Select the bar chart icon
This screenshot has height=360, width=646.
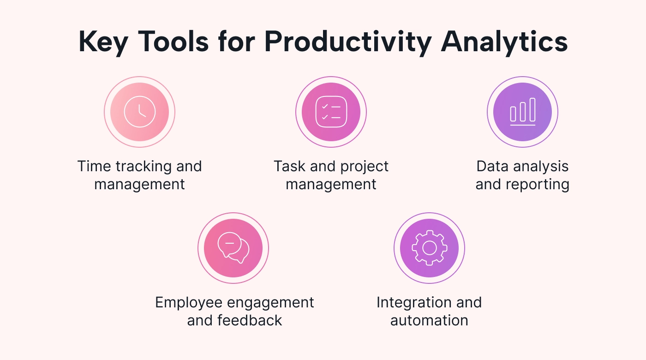(522, 112)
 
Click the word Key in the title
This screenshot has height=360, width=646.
(103, 42)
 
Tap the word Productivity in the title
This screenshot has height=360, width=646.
(348, 42)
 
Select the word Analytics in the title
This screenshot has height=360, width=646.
(504, 42)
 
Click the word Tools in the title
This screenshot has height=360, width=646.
(173, 42)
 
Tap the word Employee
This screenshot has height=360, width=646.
(189, 303)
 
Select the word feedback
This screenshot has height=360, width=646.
(250, 320)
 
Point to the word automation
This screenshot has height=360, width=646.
(429, 320)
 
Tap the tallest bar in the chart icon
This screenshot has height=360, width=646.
(532, 110)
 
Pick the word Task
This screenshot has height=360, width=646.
(290, 167)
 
